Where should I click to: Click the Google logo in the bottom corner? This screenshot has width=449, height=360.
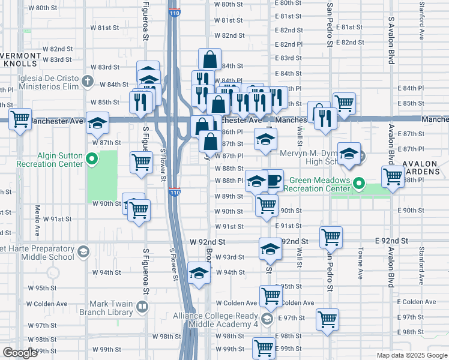point(20,353)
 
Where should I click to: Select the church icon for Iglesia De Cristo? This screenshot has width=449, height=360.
point(88,80)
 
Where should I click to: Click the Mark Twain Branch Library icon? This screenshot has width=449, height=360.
point(142,307)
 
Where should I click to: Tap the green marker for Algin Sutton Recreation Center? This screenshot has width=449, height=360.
point(91,159)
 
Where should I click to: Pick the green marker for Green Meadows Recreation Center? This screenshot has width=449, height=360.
point(359,184)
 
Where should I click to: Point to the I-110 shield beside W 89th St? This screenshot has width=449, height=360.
point(173,192)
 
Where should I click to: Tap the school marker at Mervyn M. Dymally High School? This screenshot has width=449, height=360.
point(349,154)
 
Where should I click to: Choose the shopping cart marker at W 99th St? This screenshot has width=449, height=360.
point(264,347)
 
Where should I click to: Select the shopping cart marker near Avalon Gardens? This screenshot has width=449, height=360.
point(393,176)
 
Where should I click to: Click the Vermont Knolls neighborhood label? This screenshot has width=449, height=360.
point(21,59)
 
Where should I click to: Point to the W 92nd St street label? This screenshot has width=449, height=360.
point(207,241)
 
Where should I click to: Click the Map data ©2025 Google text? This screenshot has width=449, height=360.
point(411,355)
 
